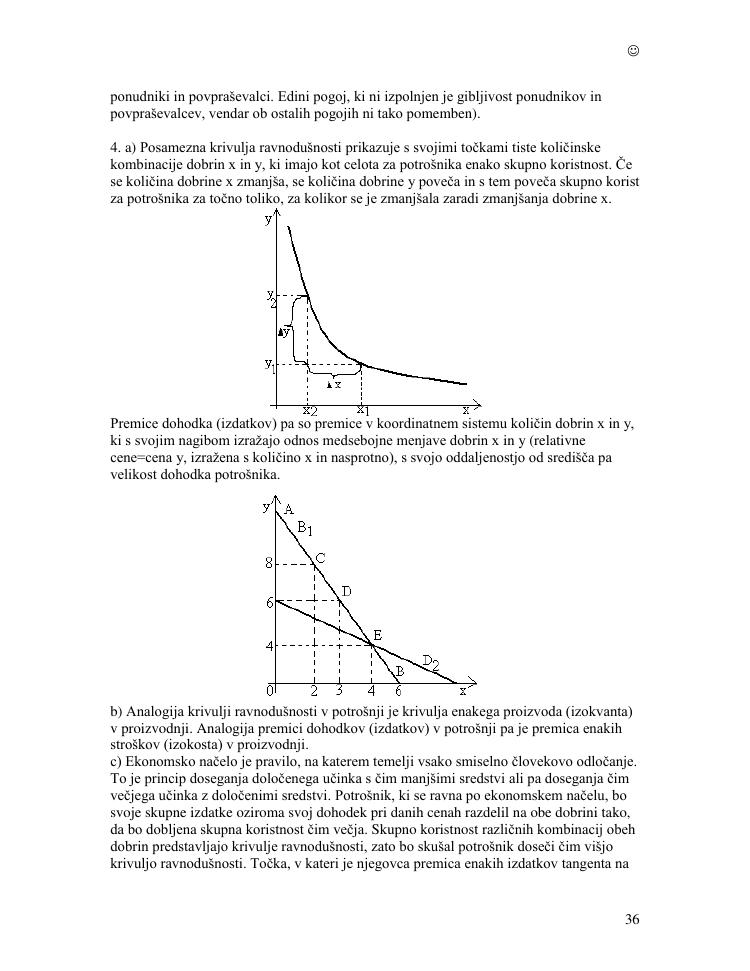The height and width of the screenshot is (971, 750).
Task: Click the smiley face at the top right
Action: coord(633,51)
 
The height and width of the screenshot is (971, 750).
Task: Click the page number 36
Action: coord(632,920)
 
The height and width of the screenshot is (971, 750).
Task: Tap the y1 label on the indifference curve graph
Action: coord(270,366)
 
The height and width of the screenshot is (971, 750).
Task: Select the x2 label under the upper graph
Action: coord(309,411)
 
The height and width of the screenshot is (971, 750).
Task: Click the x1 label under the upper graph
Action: coord(362,410)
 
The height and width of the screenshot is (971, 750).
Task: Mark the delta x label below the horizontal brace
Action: coord(333,383)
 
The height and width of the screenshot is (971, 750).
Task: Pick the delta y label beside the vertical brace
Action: coord(284,331)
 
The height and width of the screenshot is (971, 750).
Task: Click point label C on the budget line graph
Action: coord(320,558)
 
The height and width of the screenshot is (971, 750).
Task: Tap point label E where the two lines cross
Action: coord(378,635)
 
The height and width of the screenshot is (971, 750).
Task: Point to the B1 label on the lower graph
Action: coord(305,528)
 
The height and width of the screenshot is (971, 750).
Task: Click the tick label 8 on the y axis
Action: coord(268,564)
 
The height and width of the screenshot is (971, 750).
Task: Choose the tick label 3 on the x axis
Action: coord(340,691)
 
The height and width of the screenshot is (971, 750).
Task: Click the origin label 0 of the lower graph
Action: coord(269,690)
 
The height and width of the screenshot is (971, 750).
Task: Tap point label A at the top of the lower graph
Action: coord(288,509)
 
